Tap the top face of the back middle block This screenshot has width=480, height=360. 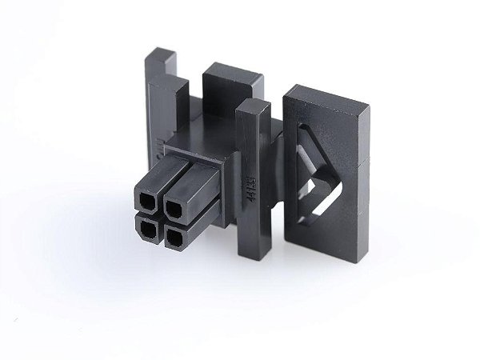(x=233, y=74)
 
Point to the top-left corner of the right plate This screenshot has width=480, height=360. (x=287, y=90)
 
